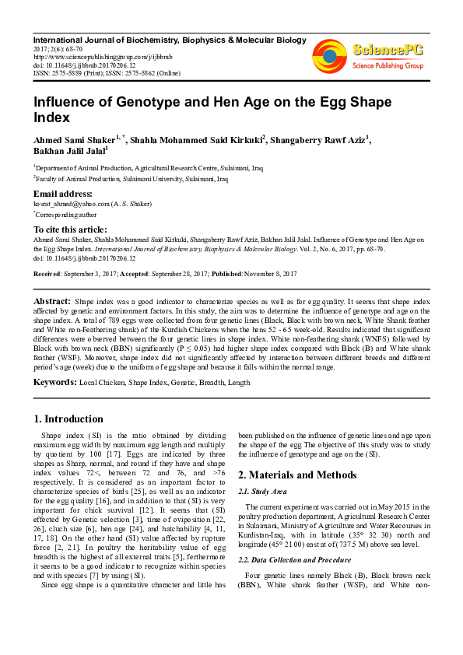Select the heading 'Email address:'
[61, 194]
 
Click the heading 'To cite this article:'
[69, 229]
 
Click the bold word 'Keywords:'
[54, 383]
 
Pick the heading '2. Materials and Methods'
[296, 475]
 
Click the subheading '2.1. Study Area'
[263, 492]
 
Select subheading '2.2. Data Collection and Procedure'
[294, 560]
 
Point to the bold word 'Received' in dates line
[48, 274]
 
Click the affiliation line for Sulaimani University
[131, 179]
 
